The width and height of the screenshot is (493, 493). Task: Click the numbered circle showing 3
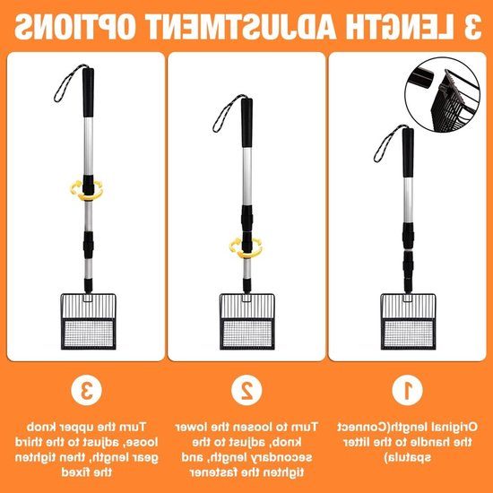pos(86,390)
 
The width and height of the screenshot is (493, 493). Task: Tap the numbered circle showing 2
pos(246,390)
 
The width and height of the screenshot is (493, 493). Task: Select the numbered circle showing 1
pos(408,390)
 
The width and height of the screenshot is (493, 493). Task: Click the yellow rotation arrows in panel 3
pos(86,190)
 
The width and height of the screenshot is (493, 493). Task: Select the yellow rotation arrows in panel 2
pos(246,247)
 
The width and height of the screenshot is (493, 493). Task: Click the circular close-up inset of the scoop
pos(443,94)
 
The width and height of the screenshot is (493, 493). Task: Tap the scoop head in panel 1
pos(408,321)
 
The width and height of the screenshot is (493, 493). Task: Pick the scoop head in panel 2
pos(247,321)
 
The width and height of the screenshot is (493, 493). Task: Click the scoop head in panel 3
pos(89,321)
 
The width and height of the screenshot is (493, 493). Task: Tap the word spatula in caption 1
pos(408,457)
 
